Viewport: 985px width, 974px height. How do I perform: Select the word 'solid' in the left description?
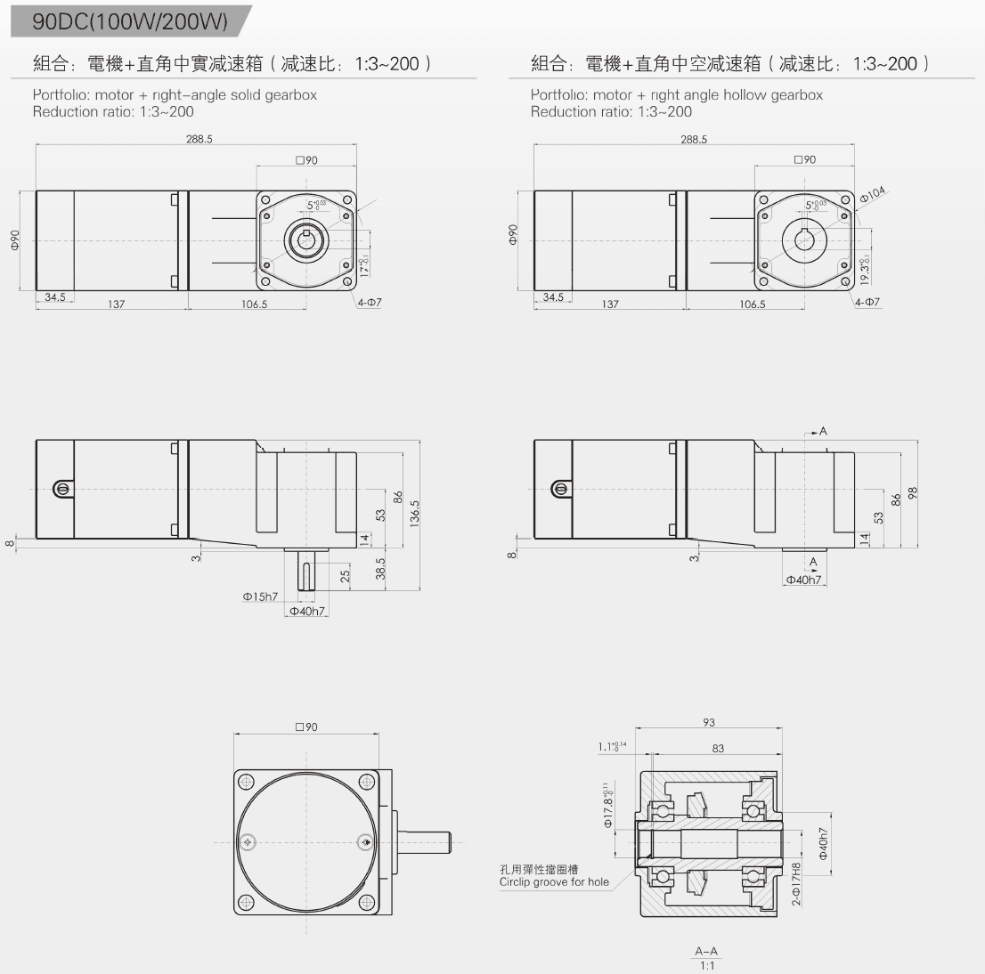click(246, 95)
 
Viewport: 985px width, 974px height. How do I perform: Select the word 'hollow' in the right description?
click(745, 95)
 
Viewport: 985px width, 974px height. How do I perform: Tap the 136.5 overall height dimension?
click(414, 514)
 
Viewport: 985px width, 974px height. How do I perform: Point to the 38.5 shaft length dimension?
click(381, 567)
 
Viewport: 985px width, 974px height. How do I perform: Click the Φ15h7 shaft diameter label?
click(260, 597)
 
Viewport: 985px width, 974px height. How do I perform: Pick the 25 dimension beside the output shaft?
click(345, 576)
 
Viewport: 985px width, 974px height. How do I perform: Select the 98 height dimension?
click(912, 493)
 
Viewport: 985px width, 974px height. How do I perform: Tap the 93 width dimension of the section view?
click(709, 723)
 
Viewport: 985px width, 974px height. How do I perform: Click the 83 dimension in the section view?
click(718, 749)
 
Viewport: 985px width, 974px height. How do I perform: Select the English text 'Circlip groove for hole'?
click(554, 882)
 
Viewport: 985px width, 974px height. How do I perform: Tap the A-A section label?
click(706, 951)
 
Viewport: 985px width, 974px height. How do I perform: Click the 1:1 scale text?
click(706, 965)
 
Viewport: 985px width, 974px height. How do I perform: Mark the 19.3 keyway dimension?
click(864, 270)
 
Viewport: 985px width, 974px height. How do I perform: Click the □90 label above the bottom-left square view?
click(305, 727)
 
